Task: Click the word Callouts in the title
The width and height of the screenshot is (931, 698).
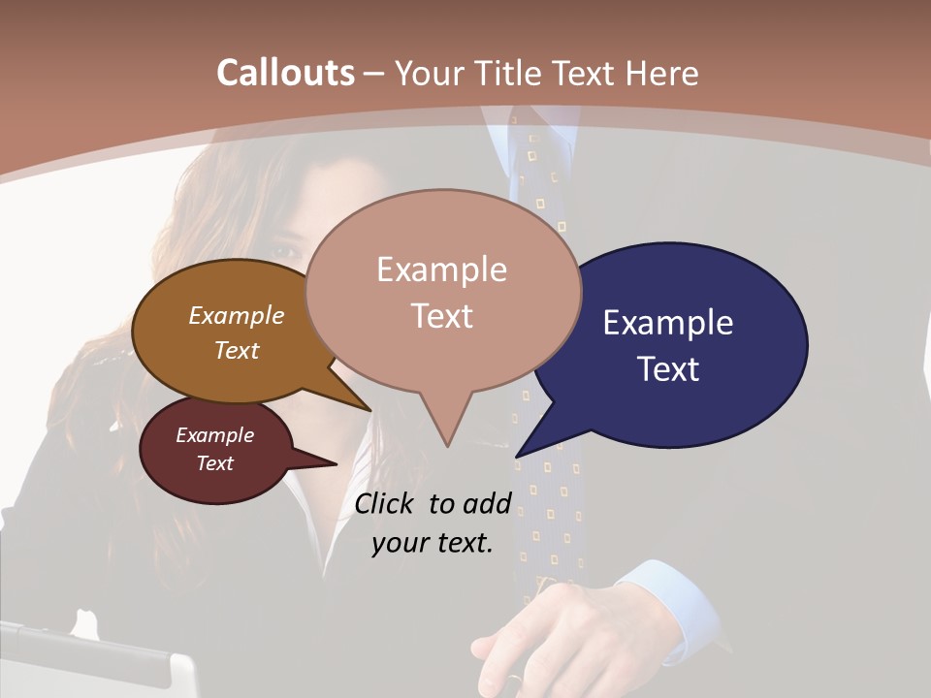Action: [285, 73]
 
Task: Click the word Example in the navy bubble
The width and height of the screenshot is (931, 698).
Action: [668, 323]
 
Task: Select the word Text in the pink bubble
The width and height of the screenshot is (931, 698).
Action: [442, 316]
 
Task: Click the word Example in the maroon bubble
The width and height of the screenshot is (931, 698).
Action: [215, 435]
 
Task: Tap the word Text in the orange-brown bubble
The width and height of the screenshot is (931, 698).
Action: [237, 350]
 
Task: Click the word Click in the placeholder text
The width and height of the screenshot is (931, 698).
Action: [386, 503]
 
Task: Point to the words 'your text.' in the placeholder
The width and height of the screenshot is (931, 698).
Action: [433, 543]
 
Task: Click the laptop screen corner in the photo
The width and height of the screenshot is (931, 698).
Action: [179, 669]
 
